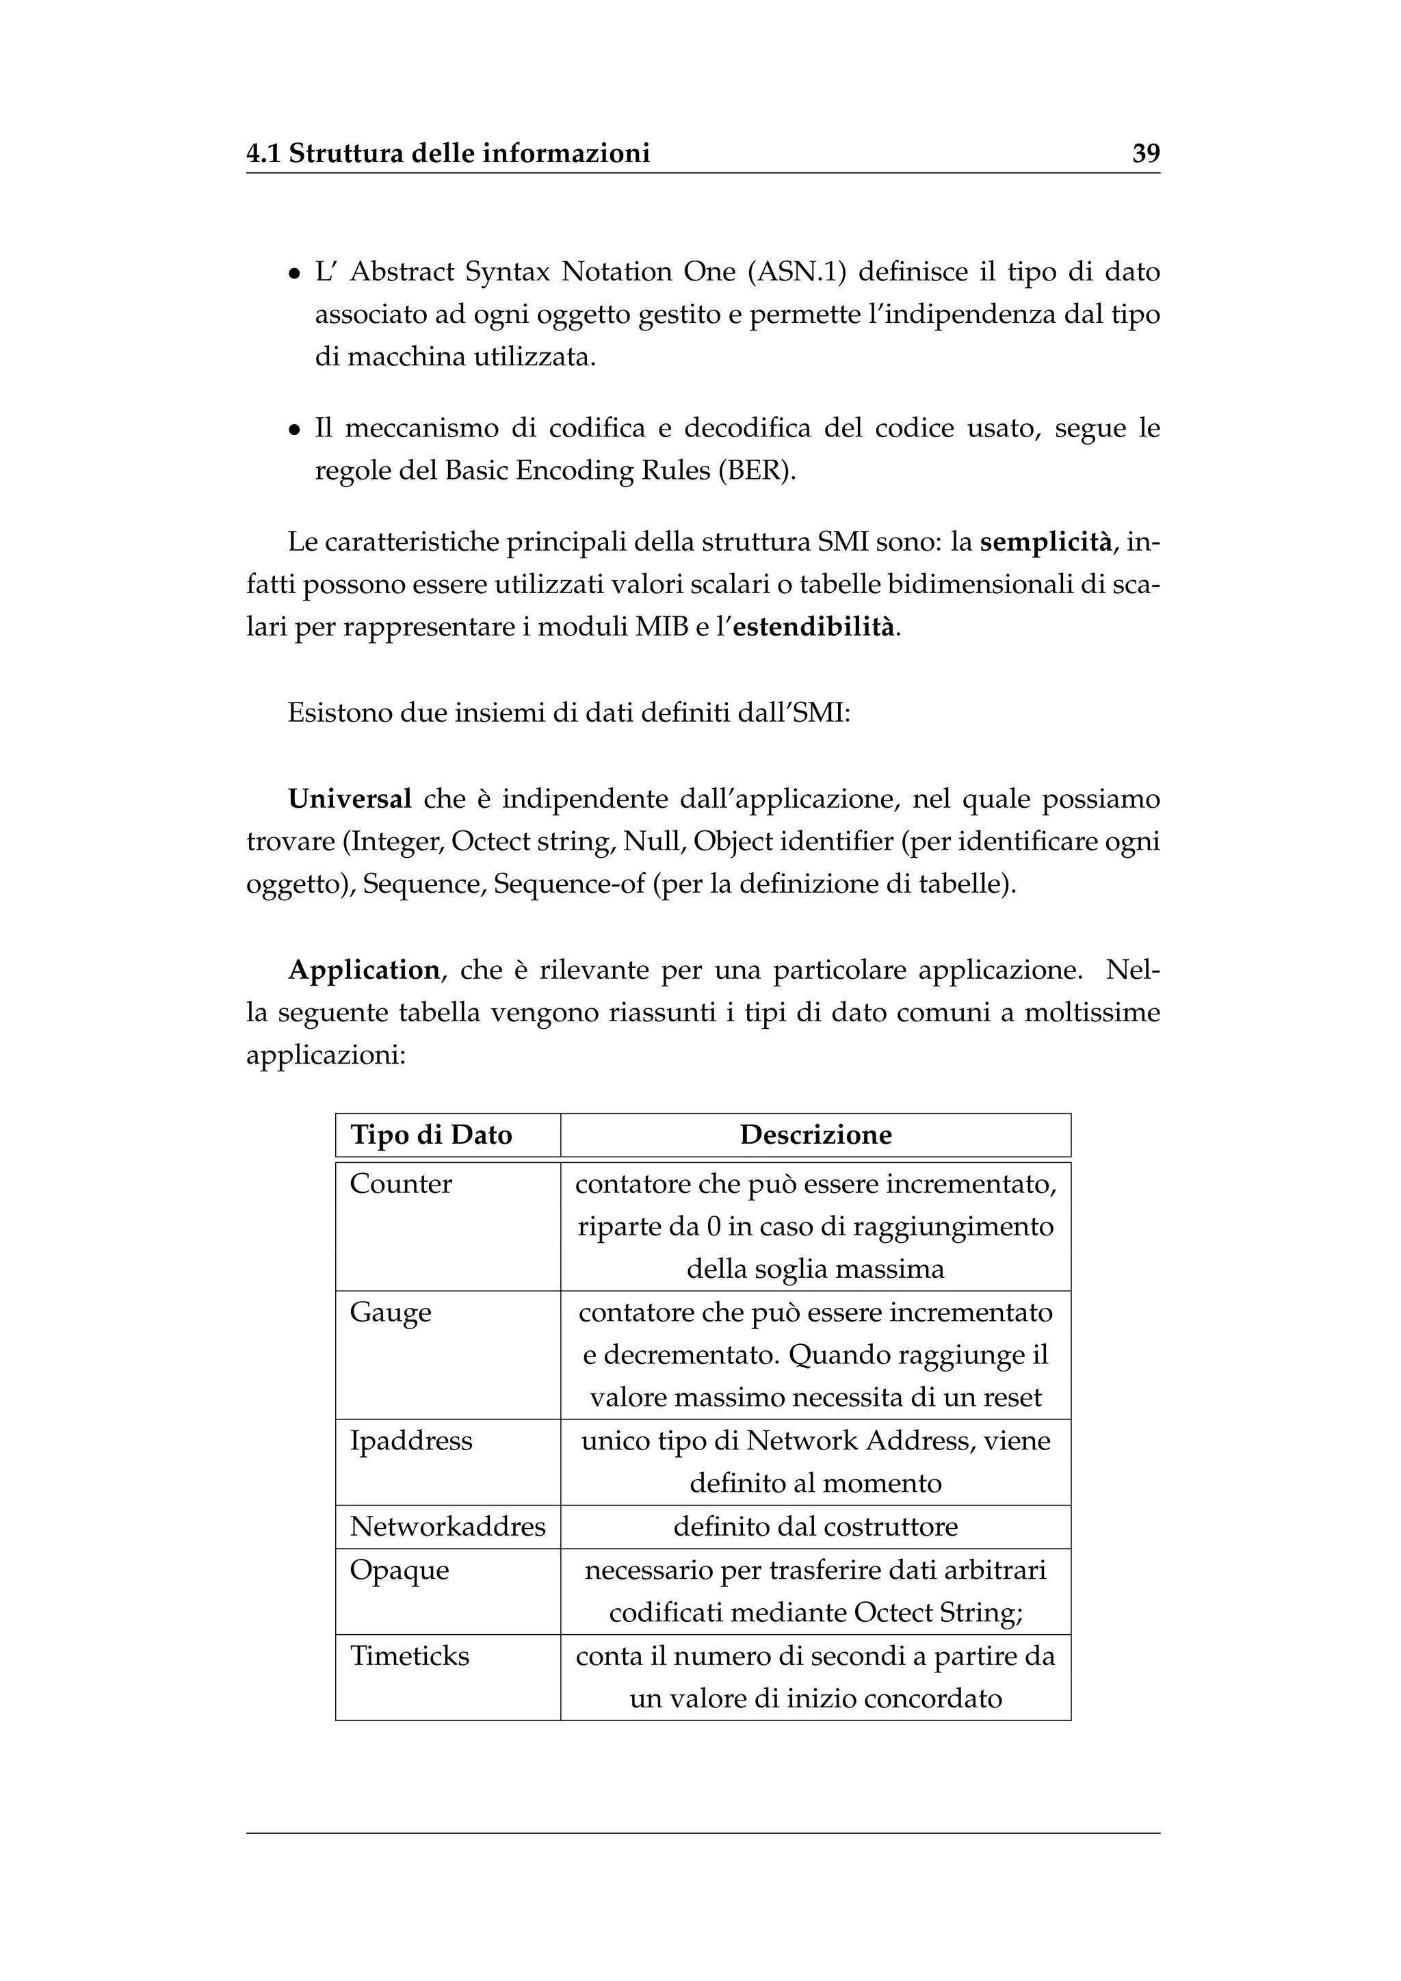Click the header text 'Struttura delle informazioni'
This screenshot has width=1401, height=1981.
469,154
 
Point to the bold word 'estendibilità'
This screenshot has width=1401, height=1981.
814,627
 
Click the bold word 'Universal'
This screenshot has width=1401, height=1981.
350,799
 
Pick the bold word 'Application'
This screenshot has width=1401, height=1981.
364,970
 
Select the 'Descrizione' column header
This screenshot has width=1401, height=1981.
815,1135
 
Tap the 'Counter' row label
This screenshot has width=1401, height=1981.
400,1184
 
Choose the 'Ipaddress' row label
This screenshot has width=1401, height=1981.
410,1441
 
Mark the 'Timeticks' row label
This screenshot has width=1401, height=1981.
409,1655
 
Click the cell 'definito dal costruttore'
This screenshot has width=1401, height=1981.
815,1527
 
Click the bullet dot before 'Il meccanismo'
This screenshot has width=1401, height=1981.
295,430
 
